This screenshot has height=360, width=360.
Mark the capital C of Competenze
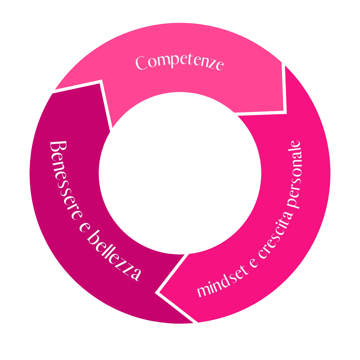(142, 63)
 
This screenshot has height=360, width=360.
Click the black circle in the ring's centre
(180, 173)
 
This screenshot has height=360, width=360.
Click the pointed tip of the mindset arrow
(158, 293)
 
